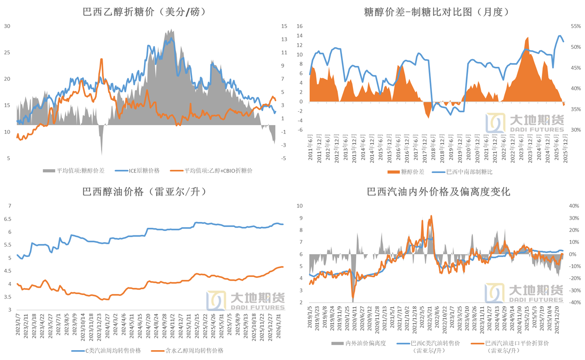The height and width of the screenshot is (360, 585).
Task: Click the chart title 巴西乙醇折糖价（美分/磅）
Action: click(x=144, y=12)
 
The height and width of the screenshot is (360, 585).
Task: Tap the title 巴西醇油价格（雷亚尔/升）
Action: click(x=144, y=192)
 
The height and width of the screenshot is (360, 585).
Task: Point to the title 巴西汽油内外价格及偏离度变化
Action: click(x=438, y=192)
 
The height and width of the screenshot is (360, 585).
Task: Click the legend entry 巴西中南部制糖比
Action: click(x=463, y=172)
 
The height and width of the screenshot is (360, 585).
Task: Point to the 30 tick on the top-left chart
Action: click(x=7, y=26)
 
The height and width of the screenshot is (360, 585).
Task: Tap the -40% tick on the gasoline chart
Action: click(x=574, y=303)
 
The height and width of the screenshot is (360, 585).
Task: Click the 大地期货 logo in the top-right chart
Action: click(x=524, y=124)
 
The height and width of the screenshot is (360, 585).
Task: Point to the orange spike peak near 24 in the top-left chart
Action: click(x=101, y=59)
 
